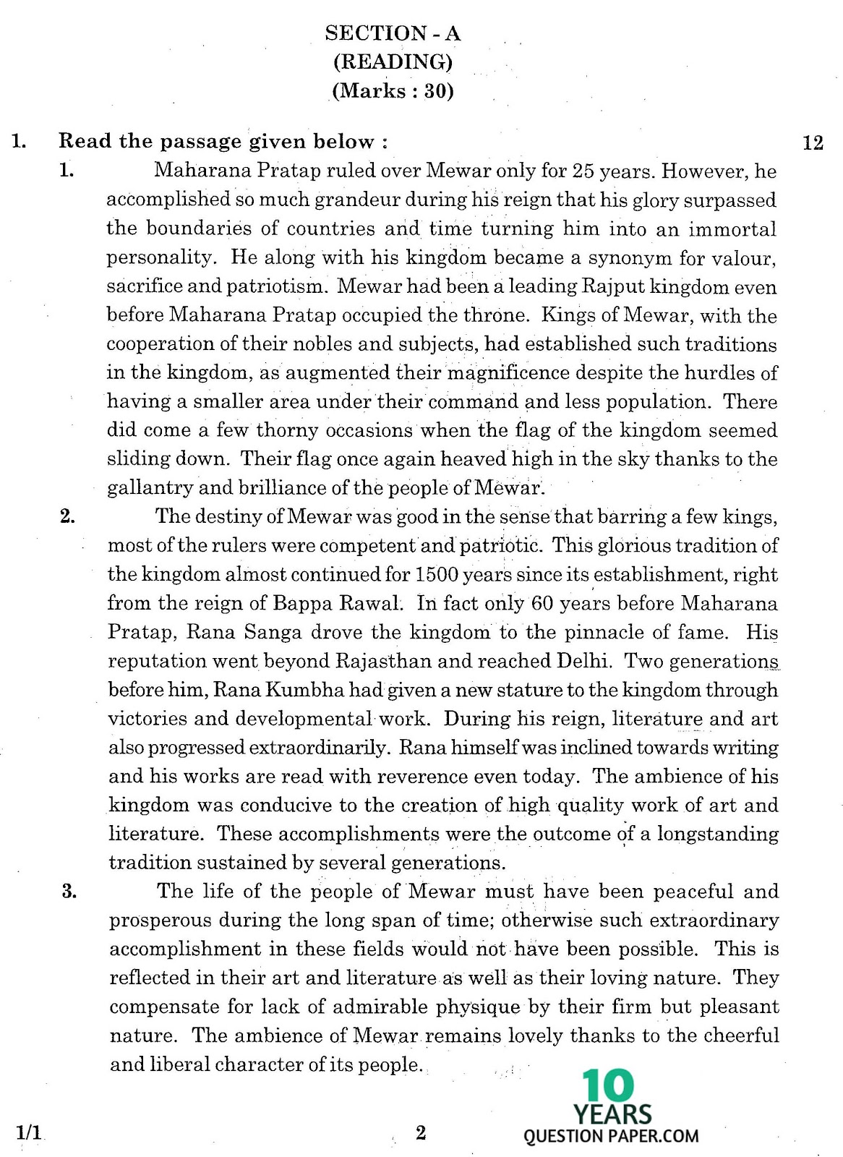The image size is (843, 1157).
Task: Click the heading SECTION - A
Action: pyautogui.click(x=393, y=33)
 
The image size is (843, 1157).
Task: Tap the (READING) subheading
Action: pyautogui.click(x=393, y=62)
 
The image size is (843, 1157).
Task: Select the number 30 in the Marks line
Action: pyautogui.click(x=439, y=91)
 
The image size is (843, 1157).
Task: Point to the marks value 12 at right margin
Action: pyautogui.click(x=813, y=142)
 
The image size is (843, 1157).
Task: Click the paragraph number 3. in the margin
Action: pyautogui.click(x=69, y=891)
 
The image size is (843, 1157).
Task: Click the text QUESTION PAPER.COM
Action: pyautogui.click(x=611, y=1136)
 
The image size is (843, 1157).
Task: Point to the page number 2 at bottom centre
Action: pyautogui.click(x=421, y=1132)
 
